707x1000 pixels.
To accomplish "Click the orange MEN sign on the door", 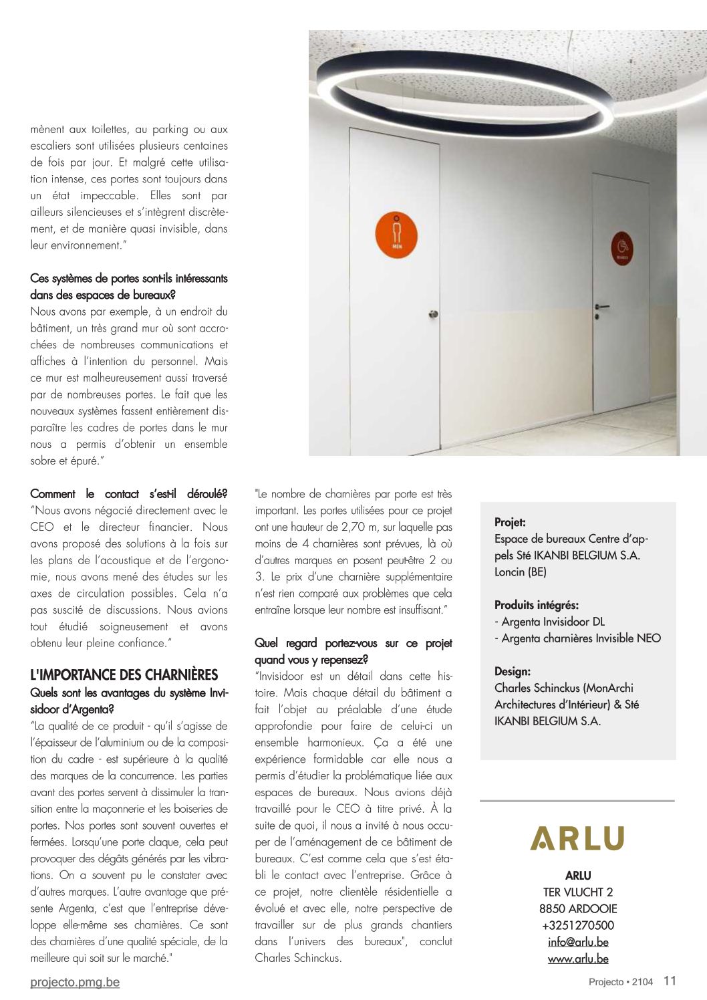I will tap(397, 236).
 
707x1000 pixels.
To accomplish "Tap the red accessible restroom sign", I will tap(622, 247).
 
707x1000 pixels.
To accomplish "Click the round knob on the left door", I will tap(435, 314).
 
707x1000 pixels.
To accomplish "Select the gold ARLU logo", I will tap(577, 838).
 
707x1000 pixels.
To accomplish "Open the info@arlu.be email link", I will tap(577, 942).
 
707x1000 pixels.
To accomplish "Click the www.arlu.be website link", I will tap(577, 959).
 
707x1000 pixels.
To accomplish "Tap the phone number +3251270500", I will tap(577, 925).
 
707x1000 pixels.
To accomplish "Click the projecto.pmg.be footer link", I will tap(75, 982).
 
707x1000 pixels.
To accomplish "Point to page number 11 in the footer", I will tap(670, 981).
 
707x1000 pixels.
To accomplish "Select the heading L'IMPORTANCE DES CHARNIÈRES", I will tap(124, 675).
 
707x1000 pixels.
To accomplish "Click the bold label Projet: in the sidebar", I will tap(510, 522).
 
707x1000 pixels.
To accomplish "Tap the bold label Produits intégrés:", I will tap(537, 605).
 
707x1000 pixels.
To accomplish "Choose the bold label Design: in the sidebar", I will tap(513, 671).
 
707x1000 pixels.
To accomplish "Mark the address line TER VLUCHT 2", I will tap(577, 892).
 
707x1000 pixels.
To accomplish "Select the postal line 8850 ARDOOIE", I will tap(577, 908).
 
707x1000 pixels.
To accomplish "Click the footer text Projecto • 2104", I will tap(621, 982).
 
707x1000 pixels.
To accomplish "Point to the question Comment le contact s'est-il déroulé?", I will tap(129, 494).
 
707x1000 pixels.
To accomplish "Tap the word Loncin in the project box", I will tap(510, 572).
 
